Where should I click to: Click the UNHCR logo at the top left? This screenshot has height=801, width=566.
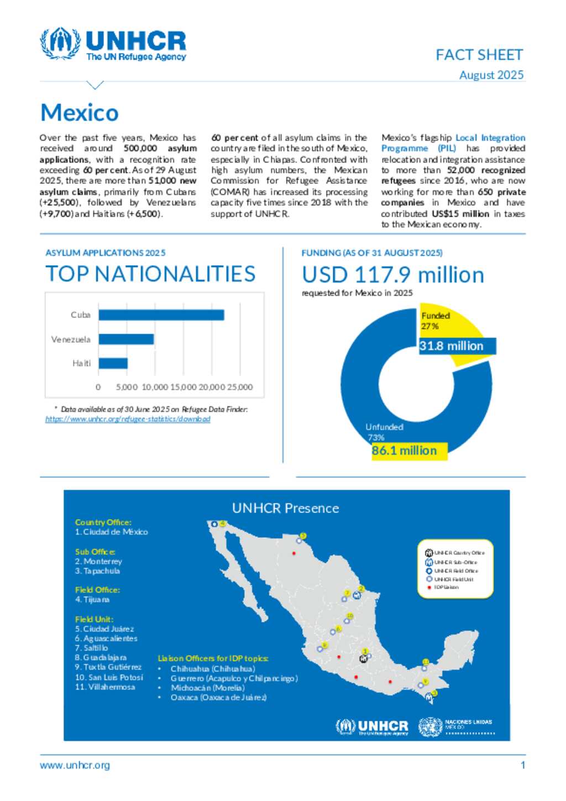(x=113, y=44)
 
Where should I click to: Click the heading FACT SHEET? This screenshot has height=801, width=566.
(x=479, y=55)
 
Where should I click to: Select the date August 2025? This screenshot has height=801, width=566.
(x=491, y=75)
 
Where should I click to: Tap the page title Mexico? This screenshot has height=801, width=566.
(x=80, y=113)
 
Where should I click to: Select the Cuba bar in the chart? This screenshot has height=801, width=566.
(x=161, y=315)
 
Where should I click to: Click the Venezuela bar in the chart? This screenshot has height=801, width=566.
(x=126, y=339)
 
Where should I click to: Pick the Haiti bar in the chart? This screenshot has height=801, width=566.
(x=113, y=363)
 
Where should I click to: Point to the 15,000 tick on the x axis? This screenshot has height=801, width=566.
(x=183, y=387)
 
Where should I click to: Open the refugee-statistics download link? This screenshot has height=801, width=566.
(x=128, y=419)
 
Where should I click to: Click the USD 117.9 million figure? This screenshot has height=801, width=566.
(x=392, y=275)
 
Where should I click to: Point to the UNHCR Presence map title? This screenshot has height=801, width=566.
(x=285, y=508)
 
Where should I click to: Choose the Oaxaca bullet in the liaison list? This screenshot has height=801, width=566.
(x=218, y=697)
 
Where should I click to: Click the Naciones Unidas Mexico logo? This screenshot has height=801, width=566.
(x=457, y=726)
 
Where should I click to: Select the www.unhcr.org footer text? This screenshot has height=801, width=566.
(x=75, y=765)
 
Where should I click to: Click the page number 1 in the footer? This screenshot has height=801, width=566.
(x=522, y=765)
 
